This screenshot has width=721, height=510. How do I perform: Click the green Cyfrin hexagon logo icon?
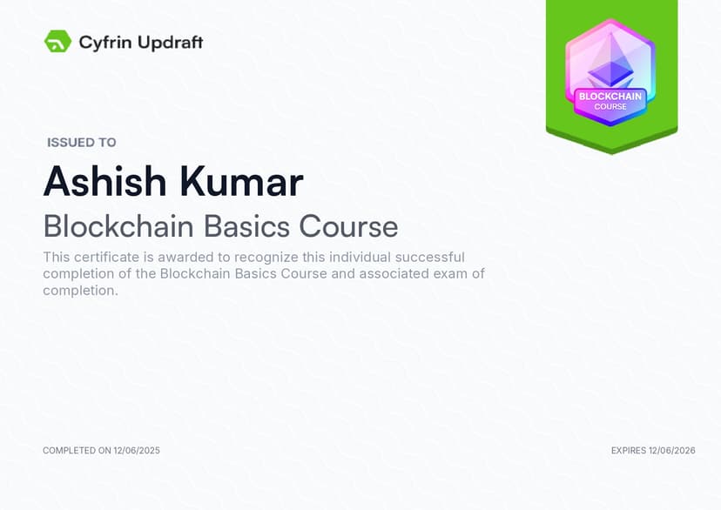point(58,42)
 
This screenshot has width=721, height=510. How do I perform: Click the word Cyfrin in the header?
point(105,43)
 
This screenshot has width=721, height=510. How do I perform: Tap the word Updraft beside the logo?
point(171,43)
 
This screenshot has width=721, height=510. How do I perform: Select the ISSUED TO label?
point(82,143)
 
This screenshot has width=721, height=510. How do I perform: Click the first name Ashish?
point(104,182)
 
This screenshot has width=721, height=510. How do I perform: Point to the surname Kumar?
point(241,182)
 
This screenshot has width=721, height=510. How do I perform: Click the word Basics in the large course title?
point(246,226)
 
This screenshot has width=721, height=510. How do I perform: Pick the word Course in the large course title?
point(348,226)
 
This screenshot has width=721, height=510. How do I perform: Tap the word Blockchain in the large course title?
point(118,226)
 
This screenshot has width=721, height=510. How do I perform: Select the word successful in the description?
point(430,257)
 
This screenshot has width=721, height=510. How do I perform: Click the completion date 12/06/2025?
point(137,451)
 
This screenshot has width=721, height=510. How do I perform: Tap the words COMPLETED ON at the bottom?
point(77,451)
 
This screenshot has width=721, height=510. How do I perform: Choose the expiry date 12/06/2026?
point(671,451)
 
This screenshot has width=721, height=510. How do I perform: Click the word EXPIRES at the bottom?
point(629,451)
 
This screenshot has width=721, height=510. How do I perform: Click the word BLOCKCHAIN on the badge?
point(610,97)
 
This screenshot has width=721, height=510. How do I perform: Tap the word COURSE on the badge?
point(610,106)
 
